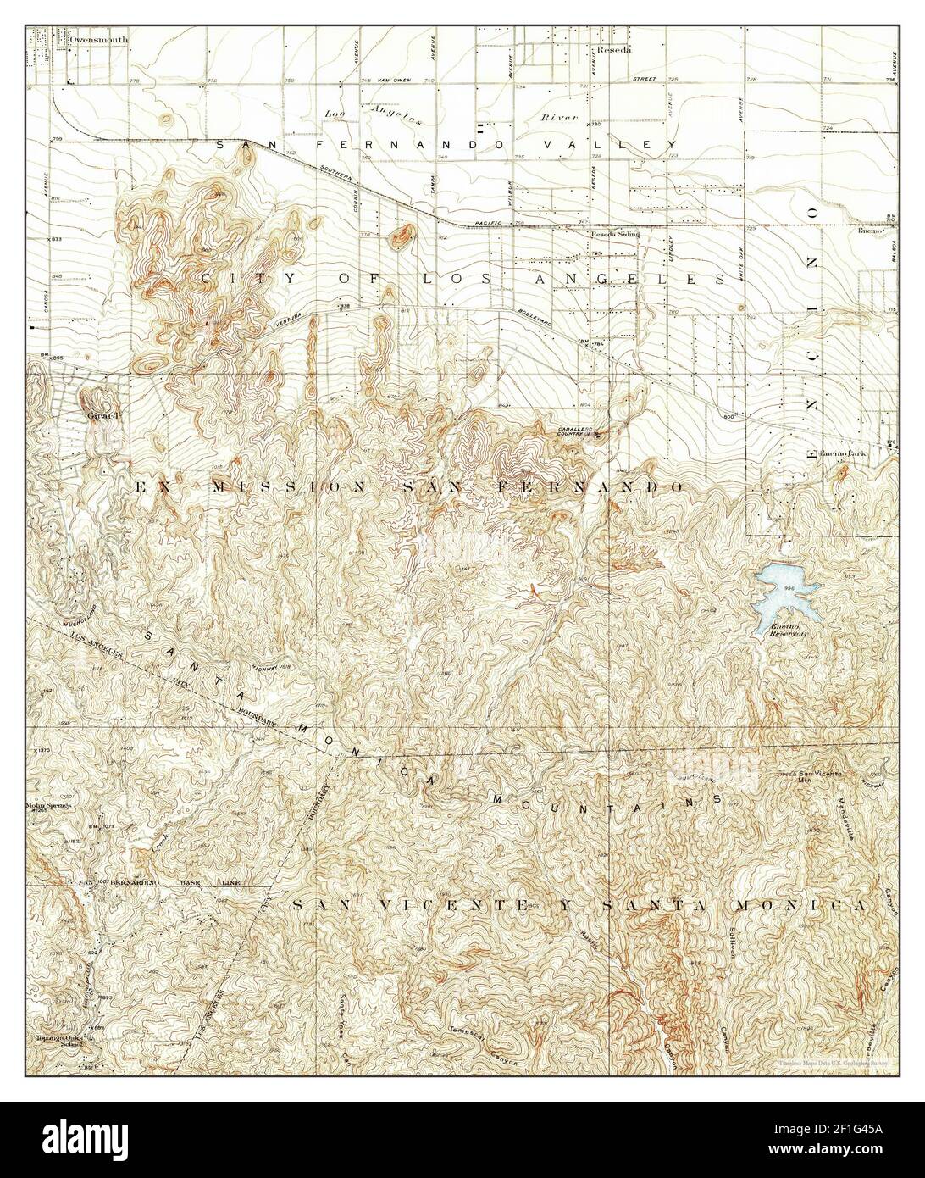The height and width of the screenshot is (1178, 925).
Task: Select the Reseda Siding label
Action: tap(615, 233)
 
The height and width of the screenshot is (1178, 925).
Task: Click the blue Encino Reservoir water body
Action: tap(784, 592)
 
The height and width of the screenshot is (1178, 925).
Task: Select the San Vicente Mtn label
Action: tap(817, 775)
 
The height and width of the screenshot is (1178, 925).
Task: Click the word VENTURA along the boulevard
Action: tap(276, 322)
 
